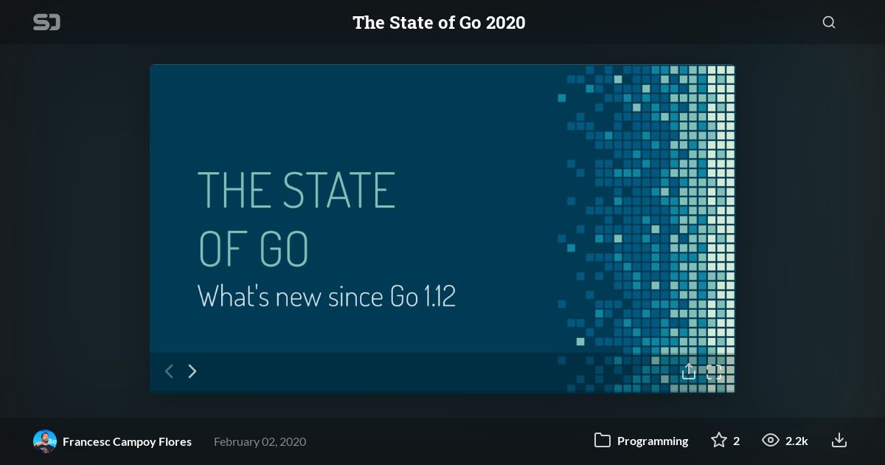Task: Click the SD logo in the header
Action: pyautogui.click(x=46, y=22)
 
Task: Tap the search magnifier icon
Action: pyautogui.click(x=829, y=22)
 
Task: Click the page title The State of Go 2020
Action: pyautogui.click(x=439, y=23)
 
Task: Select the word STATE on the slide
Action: pyautogui.click(x=339, y=190)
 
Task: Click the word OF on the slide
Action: pyautogui.click(x=221, y=249)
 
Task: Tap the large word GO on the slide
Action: pyautogui.click(x=284, y=249)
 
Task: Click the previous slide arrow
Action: pyautogui.click(x=169, y=371)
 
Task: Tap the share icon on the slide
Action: pyautogui.click(x=689, y=371)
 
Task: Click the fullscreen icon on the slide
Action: pyautogui.click(x=714, y=372)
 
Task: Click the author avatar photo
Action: pyautogui.click(x=45, y=441)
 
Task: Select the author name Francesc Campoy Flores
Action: pyautogui.click(x=127, y=441)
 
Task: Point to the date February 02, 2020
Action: pyautogui.click(x=260, y=441)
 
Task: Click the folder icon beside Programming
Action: pyautogui.click(x=602, y=441)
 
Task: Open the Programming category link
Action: pyautogui.click(x=653, y=441)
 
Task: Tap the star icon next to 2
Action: pyautogui.click(x=718, y=440)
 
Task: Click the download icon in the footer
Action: pyautogui.click(x=839, y=441)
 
